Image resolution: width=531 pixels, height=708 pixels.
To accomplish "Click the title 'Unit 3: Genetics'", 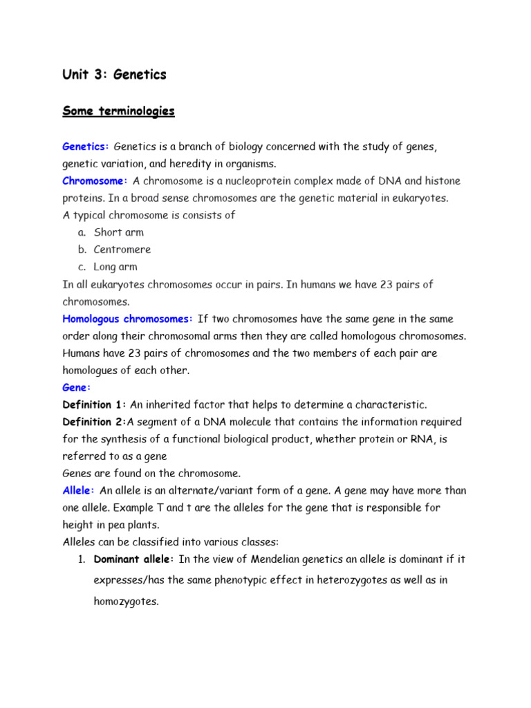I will pos(114,75).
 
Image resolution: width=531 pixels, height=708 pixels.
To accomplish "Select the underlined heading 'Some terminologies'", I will pos(118,111).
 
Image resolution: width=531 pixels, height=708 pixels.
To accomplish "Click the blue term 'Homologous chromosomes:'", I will pos(128,319).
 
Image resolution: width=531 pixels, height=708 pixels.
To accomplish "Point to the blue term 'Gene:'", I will pos(77,387).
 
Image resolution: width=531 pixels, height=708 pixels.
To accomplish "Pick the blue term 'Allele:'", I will pos(79,490).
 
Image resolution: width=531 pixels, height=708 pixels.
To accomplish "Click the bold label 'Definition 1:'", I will pos(95,404).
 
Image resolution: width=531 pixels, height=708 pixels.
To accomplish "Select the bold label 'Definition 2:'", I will pos(95,422).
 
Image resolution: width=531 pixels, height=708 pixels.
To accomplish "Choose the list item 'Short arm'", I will pos(118,232).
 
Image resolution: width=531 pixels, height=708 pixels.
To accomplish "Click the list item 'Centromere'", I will pos(122,250).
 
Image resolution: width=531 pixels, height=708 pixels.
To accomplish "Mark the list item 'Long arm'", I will pos(115,267).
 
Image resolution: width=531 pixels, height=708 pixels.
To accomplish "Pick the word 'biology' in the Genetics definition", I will pos(243,147).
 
